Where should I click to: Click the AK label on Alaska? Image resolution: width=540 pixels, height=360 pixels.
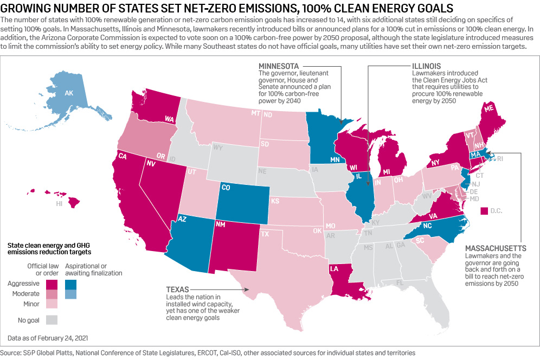pyautogui.click(x=69, y=93)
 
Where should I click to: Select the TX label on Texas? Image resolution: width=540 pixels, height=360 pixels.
pyautogui.click(x=265, y=234)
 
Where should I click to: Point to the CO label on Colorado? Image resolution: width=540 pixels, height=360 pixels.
pyautogui.click(x=226, y=189)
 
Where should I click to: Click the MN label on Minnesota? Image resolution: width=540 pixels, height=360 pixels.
pyautogui.click(x=335, y=160)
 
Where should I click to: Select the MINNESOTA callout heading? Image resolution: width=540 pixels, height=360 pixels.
pyautogui.click(x=279, y=66)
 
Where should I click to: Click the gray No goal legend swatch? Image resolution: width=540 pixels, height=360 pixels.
pyautogui.click(x=52, y=319)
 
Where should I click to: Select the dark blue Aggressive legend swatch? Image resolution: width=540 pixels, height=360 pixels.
pyautogui.click(x=71, y=284)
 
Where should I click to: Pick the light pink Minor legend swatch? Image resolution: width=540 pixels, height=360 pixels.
pyautogui.click(x=52, y=304)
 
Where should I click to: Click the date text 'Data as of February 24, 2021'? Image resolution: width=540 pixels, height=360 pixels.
pyautogui.click(x=48, y=338)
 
